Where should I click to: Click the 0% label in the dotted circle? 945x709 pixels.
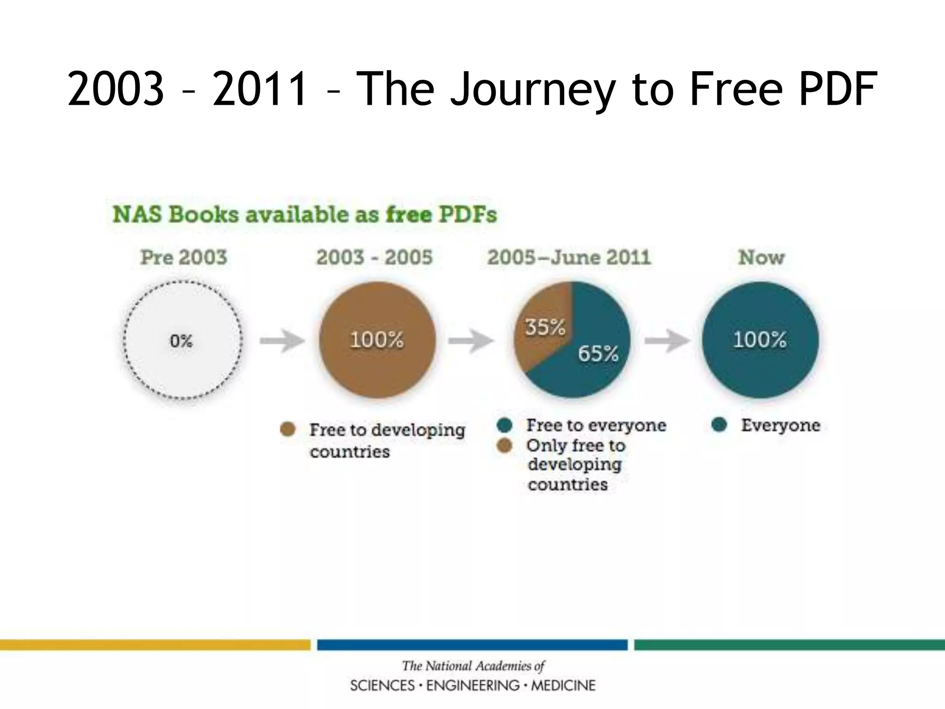pyautogui.click(x=181, y=341)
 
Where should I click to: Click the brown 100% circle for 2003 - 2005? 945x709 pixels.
pyautogui.click(x=377, y=340)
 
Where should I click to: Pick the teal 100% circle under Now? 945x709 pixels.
pyautogui.click(x=760, y=340)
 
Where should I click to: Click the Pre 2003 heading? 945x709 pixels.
pyautogui.click(x=184, y=257)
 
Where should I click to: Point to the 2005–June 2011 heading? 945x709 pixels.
pyautogui.click(x=568, y=257)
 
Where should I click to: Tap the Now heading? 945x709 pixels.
pyautogui.click(x=761, y=257)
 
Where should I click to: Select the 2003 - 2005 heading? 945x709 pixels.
pyautogui.click(x=374, y=257)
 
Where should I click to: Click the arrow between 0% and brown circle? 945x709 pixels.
pyautogui.click(x=281, y=341)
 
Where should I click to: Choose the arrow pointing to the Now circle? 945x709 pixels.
pyautogui.click(x=667, y=341)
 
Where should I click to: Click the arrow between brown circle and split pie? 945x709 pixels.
pyautogui.click(x=471, y=341)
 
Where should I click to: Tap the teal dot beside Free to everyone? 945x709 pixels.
pyautogui.click(x=505, y=425)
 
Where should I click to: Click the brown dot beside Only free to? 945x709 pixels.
pyautogui.click(x=505, y=445)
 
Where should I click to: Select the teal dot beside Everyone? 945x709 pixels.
pyautogui.click(x=719, y=425)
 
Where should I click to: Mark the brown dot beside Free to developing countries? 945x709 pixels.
pyautogui.click(x=288, y=429)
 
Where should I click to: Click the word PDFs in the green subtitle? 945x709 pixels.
pyautogui.click(x=467, y=215)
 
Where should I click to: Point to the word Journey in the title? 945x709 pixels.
pyautogui.click(x=533, y=89)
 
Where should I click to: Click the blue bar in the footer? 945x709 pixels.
pyautogui.click(x=472, y=644)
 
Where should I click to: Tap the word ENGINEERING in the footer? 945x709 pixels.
pyautogui.click(x=472, y=685)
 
